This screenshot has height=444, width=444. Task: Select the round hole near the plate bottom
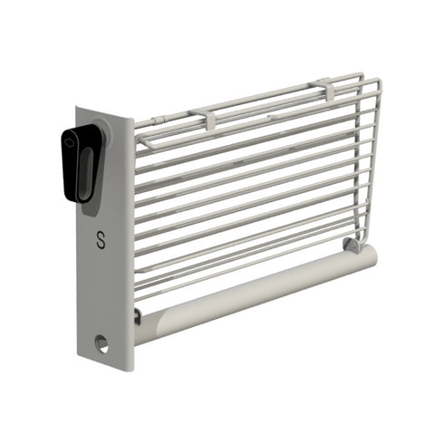pyautogui.click(x=101, y=343)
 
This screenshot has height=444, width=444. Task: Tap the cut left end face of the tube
pyautogui.click(x=145, y=327)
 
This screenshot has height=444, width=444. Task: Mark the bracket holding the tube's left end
pyautogui.click(x=137, y=315)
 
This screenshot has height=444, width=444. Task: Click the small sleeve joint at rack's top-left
pyautogui.click(x=159, y=121)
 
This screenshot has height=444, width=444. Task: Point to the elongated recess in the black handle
pyautogui.click(x=84, y=172)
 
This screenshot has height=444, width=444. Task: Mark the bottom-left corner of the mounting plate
pyautogui.click(x=80, y=356)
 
